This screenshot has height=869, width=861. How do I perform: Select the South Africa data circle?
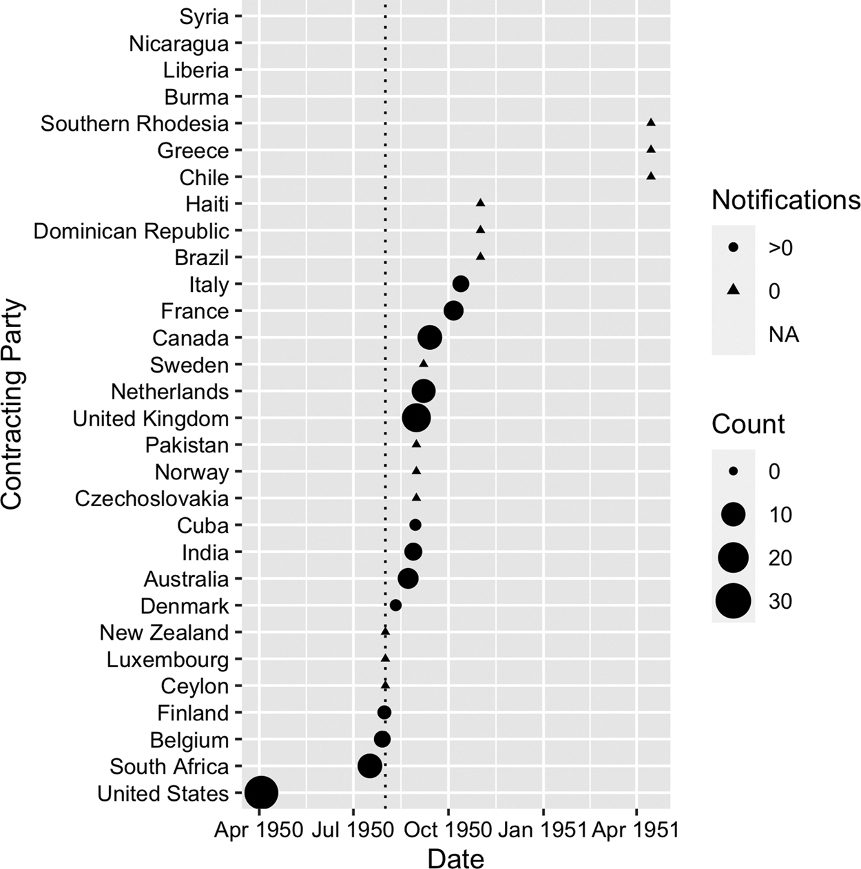pos(370,766)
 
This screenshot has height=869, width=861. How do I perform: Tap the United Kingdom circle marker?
pos(416,417)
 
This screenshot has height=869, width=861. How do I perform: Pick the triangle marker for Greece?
pos(651,149)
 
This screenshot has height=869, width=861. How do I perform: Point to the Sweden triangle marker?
pos(424,364)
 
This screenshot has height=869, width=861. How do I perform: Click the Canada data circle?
pos(430,337)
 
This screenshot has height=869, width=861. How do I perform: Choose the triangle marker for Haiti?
pos(481,203)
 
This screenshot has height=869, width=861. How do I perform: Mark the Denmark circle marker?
pos(395,605)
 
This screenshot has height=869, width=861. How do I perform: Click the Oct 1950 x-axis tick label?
pos(448,830)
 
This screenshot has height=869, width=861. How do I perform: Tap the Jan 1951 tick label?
pos(543,830)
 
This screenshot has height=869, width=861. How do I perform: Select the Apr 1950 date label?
pos(259,830)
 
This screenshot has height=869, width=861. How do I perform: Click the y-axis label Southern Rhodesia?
pos(134,124)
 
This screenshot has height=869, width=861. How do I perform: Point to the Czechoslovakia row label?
pos(152,499)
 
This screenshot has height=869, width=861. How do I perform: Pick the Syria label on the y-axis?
pos(203,17)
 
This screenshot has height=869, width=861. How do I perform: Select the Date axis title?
pos(455,858)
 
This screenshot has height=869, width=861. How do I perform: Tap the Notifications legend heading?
pos(785,200)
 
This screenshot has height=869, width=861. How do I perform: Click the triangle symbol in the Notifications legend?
pos(734,291)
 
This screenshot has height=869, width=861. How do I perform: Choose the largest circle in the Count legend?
pos(734,601)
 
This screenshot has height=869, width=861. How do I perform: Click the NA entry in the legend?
pos(783,335)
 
